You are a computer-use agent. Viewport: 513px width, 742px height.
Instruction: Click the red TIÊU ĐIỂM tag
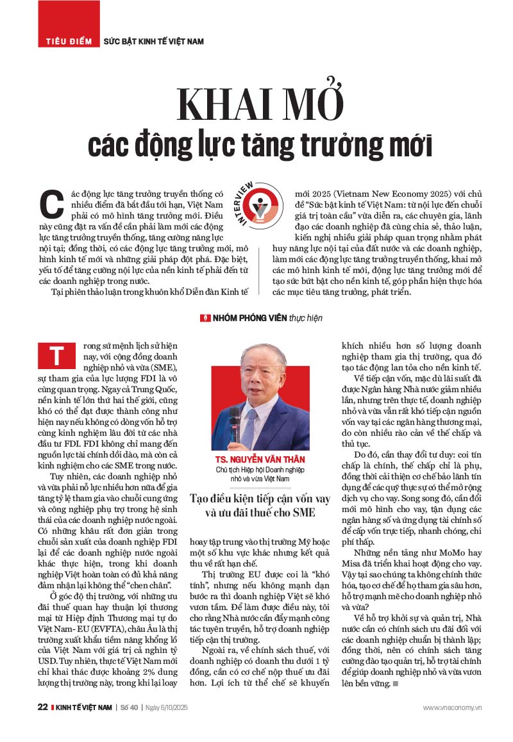click(69, 42)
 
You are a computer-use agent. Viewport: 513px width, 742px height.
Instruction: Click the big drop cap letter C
click(52, 204)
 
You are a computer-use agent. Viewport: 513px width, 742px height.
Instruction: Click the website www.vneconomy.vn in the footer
click(452, 707)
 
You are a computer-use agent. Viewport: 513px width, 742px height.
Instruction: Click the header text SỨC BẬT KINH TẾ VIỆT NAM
click(154, 42)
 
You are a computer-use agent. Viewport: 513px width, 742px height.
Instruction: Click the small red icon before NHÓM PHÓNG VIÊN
click(206, 318)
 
